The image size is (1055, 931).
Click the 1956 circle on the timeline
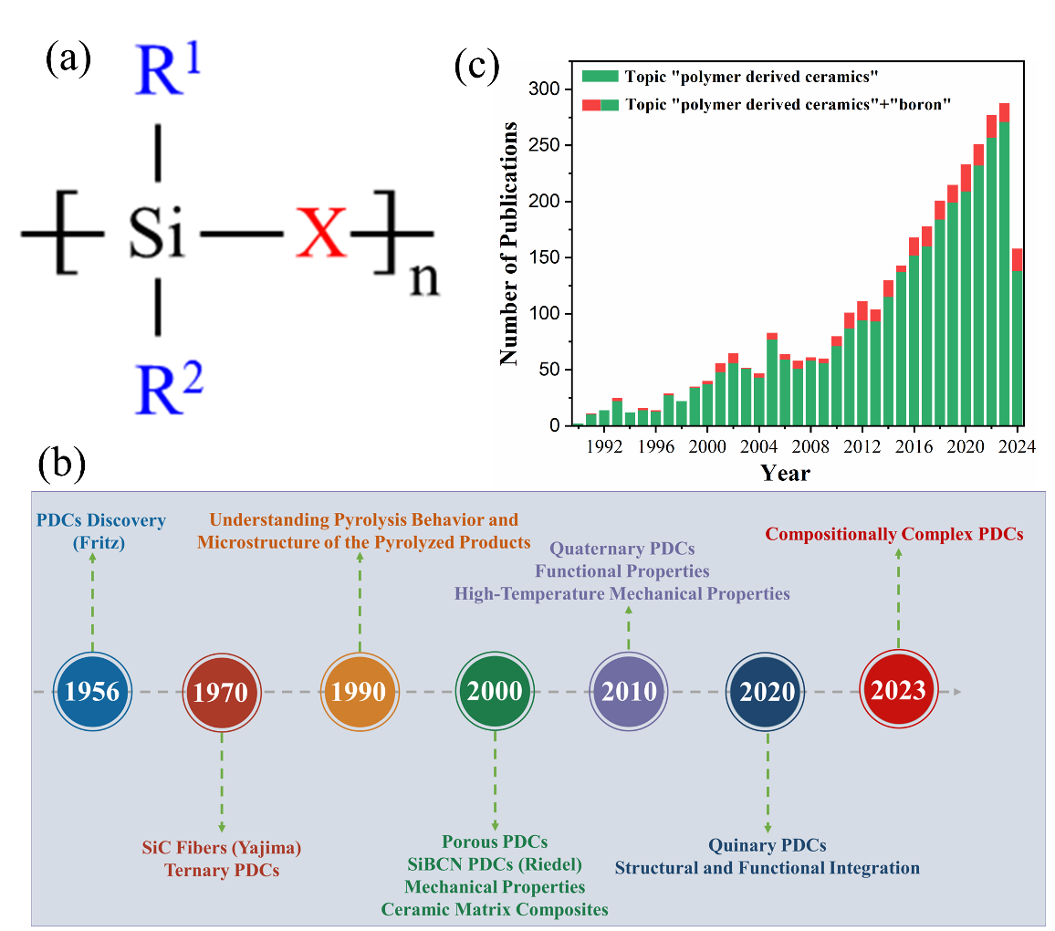[92, 692]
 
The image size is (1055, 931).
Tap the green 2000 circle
[495, 691]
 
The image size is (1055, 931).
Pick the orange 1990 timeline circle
[360, 692]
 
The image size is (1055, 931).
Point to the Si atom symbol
[157, 235]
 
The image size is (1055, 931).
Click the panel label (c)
[477, 67]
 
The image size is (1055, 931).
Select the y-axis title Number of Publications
[509, 243]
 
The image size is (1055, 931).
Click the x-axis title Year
[785, 473]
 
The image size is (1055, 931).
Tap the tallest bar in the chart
[1004, 274]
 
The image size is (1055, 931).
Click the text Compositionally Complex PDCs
[894, 534]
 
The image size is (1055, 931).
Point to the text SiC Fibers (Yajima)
[222, 848]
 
